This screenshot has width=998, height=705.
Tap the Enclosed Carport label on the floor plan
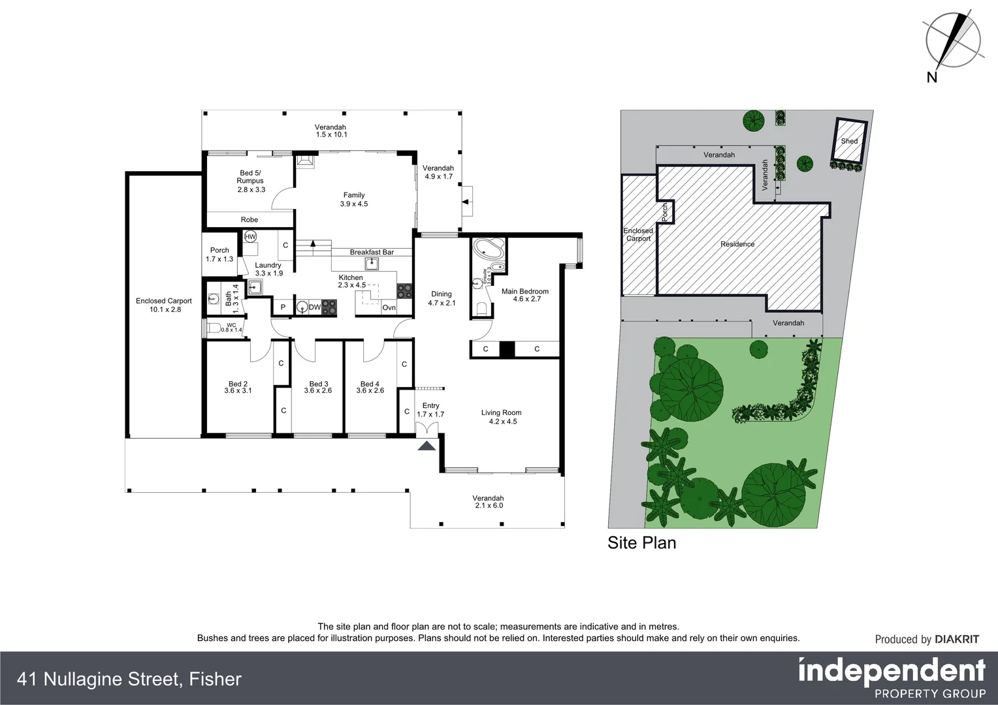[x=164, y=305]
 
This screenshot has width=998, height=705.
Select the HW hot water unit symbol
[x=250, y=237]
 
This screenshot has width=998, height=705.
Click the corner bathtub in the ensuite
[x=488, y=251]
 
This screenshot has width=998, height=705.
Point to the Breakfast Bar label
[x=372, y=252]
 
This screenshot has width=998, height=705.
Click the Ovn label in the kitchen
[x=389, y=307]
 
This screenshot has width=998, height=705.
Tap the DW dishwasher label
[x=315, y=307]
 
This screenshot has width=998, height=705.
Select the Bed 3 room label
[x=318, y=387]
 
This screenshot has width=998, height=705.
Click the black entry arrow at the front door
[x=427, y=446]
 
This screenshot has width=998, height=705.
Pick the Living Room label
[x=501, y=416]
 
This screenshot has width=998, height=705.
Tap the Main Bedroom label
[x=525, y=295]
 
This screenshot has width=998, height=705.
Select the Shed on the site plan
[x=849, y=141]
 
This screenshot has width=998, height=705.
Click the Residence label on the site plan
[x=737, y=244]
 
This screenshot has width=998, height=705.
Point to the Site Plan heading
[x=641, y=542]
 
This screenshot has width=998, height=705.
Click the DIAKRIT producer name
[x=957, y=640]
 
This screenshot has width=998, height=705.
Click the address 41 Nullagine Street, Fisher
[x=130, y=680]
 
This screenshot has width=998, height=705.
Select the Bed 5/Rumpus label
[x=250, y=181]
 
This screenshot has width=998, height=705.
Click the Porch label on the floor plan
[x=219, y=254]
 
